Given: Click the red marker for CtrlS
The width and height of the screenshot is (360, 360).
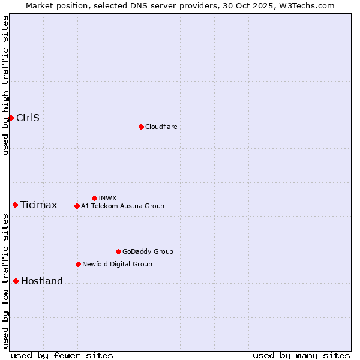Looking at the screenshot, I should (11, 118).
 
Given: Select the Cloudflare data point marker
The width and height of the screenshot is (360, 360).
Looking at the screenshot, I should (141, 127).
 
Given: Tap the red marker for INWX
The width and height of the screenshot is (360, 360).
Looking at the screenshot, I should (94, 198).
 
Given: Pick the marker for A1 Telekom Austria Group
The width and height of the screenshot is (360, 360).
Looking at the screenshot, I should (77, 206).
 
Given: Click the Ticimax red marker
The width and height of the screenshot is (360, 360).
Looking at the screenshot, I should (15, 205).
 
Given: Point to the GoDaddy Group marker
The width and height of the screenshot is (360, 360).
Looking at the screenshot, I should (118, 251).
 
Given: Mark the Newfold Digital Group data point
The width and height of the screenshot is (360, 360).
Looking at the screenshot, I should (78, 264).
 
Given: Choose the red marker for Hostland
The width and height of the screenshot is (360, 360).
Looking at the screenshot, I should (16, 281).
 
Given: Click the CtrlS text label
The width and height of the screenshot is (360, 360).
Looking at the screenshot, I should (28, 118).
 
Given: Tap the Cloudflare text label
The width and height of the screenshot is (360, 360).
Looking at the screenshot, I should (161, 127).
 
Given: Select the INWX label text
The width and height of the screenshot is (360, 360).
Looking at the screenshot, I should (107, 198).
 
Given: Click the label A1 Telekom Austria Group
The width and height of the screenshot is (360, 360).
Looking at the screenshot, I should (122, 206).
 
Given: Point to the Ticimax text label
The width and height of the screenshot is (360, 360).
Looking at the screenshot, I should (38, 205).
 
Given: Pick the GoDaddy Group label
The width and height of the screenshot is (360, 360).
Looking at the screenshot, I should (148, 251).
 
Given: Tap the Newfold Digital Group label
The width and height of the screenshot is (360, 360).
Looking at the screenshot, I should (117, 264).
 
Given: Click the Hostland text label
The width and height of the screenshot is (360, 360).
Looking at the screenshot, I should (41, 281).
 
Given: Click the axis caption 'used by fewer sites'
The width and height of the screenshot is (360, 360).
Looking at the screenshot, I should (62, 355).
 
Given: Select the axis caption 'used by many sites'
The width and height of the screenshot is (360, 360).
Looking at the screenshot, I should (301, 355).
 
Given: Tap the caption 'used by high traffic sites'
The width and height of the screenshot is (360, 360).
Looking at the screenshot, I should (5, 85).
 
